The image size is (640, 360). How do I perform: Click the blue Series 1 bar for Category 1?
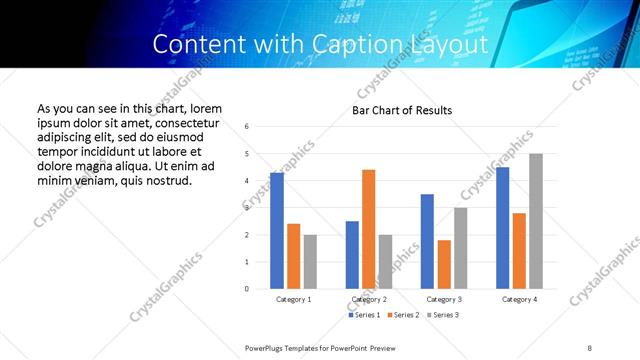coord(277,231)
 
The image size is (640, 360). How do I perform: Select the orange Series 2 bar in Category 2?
coord(368,229)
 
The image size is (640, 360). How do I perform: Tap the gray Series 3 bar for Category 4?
coord(535,221)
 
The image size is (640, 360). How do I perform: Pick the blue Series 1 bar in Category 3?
coord(427,241)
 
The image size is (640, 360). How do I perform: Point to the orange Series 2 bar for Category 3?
coord(443,264)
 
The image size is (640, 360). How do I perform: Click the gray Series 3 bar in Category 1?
coord(310,262)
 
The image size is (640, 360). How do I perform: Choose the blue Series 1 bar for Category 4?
coord(502,228)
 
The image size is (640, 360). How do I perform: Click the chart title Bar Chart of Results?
coord(402,110)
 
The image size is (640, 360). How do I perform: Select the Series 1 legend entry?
coord(365,315)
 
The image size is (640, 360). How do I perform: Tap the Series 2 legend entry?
coord(402,315)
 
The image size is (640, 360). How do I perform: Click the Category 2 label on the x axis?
coord(369,299)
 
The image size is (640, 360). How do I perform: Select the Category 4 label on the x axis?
coord(519,299)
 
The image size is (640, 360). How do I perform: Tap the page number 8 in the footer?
coord(590,347)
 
